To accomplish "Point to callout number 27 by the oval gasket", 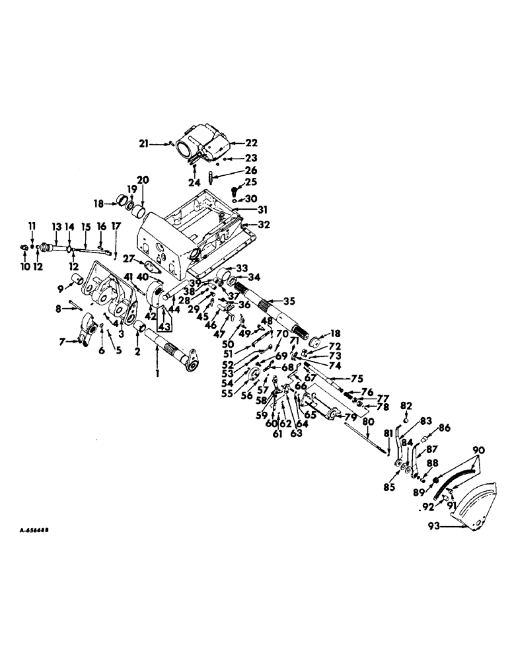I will [x=127, y=260].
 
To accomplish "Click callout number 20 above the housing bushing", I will [x=143, y=181].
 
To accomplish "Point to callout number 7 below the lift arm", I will [x=63, y=341].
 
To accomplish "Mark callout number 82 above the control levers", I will [x=406, y=405].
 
